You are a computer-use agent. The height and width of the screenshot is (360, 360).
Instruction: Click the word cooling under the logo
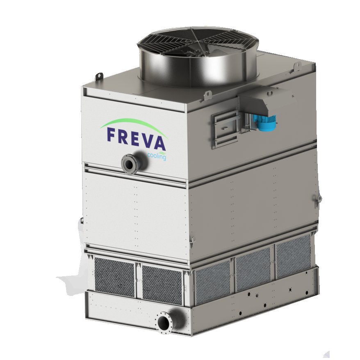(157, 156)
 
